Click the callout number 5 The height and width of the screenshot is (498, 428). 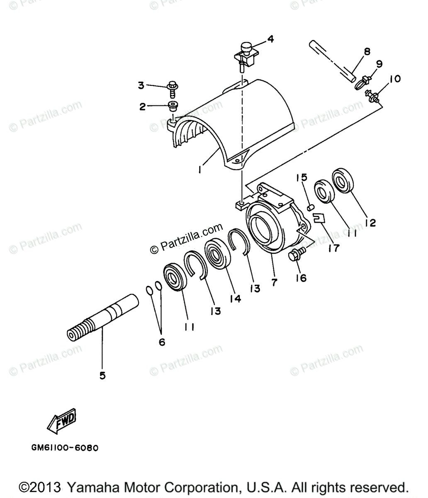(102, 376)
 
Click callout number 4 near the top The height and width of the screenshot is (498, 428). (270, 39)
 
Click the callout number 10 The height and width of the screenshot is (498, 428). (395, 78)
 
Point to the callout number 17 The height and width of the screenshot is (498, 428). (334, 248)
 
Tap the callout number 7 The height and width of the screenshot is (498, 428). (274, 282)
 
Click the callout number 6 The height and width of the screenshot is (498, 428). (162, 342)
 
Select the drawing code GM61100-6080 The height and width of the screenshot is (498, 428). (65, 448)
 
